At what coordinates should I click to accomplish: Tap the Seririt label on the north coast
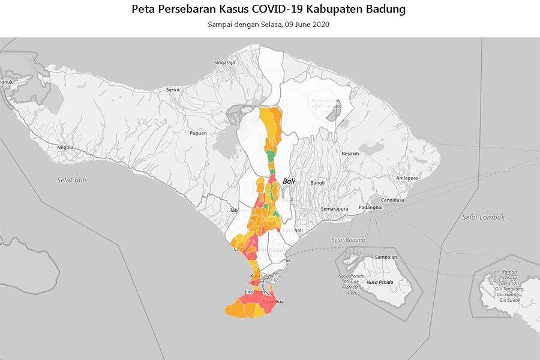[173, 89]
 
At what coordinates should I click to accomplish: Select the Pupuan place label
[198, 133]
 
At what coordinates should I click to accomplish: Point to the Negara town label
[65, 147]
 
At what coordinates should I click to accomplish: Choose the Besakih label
[350, 154]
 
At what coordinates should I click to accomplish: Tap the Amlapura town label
[407, 178]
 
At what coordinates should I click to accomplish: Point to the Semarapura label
[334, 209]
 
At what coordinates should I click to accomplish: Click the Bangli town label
[317, 183]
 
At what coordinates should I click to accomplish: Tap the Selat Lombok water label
[484, 217]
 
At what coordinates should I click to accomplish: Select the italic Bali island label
[289, 181]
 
